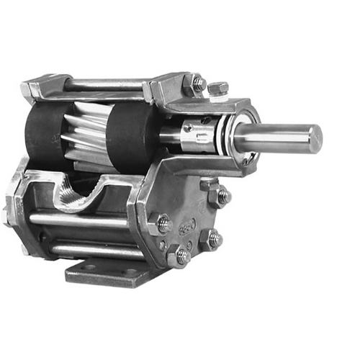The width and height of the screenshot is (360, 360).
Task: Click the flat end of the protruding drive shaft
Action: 315,139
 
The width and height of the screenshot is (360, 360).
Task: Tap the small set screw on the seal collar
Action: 188,127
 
